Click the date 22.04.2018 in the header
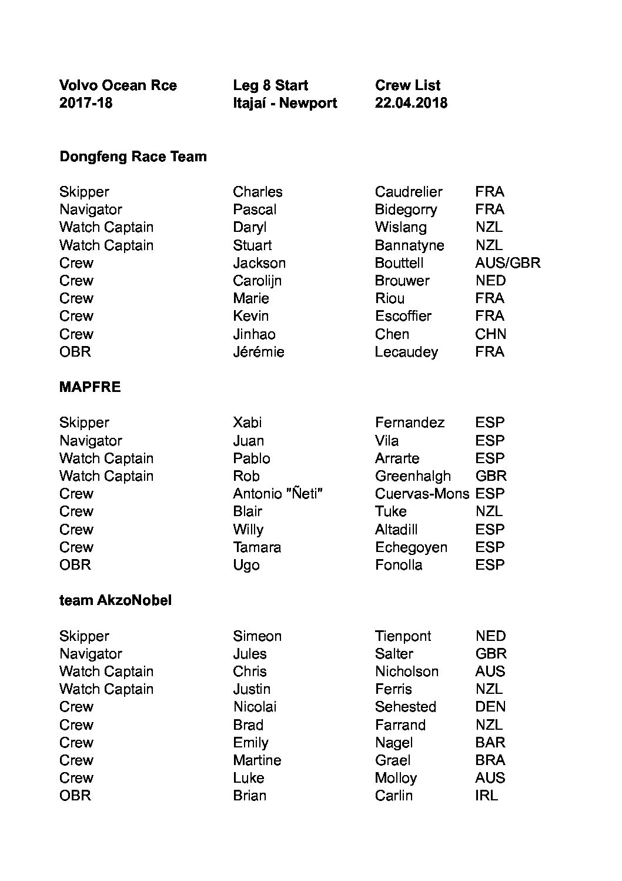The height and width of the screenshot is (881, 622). coord(411,103)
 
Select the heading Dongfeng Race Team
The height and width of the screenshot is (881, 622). coord(133,157)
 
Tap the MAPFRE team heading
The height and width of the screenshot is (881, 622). coord(90,387)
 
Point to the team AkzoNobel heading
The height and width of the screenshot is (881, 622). coord(115,601)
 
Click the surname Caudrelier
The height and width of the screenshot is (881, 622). coord(409,192)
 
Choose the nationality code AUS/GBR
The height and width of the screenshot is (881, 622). coord(507,263)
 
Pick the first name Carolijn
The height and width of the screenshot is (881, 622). coord(257,281)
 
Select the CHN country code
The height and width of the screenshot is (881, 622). coord(490,334)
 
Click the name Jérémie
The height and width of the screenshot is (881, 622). coord(258,352)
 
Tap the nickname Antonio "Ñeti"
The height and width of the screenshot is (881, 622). coord(277,494)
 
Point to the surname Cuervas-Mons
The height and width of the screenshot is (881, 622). coord(422,494)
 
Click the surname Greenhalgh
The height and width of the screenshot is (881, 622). coord(413,476)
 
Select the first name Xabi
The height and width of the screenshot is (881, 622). coord(247,423)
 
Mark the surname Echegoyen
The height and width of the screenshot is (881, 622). coord(411,547)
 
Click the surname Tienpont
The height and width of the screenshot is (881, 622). coord(403,636)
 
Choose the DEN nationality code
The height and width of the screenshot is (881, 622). coord(490,707)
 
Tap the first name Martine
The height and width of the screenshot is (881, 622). coord(257,760)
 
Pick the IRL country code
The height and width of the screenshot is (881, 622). coord(486,796)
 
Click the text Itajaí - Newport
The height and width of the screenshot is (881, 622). coord(285,103)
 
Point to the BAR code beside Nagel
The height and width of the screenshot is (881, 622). coord(490,743)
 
